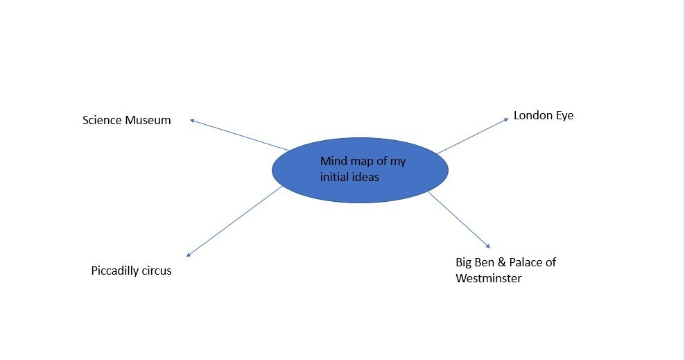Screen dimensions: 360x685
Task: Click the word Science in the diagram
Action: pyautogui.click(x=102, y=121)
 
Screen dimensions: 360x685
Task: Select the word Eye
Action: pyautogui.click(x=564, y=116)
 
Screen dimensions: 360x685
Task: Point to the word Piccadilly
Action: pyautogui.click(x=115, y=271)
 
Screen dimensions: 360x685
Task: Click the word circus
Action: pyautogui.click(x=157, y=271)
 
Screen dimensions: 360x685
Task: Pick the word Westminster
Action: pyautogui.click(x=488, y=279)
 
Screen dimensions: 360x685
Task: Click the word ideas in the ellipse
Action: pyautogui.click(x=365, y=178)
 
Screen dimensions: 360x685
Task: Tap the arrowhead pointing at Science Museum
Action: pyautogui.click(x=192, y=120)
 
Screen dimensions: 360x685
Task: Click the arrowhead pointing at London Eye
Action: pyautogui.click(x=507, y=119)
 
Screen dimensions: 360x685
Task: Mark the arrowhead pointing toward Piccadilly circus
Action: pyautogui.click(x=189, y=255)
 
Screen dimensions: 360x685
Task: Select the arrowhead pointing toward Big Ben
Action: pyautogui.click(x=488, y=246)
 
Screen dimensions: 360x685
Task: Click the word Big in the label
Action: pyautogui.click(x=463, y=262)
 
